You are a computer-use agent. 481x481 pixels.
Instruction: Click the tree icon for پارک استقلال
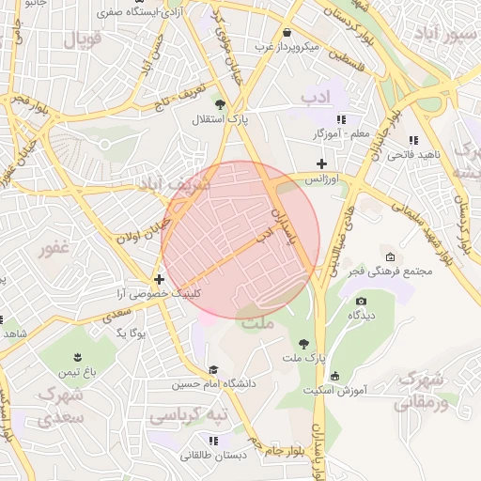point(220,104)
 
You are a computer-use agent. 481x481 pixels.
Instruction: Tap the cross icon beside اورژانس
point(322,163)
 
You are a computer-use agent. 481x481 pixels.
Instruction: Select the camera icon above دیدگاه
point(362,301)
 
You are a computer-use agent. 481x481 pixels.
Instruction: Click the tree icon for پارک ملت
point(303,344)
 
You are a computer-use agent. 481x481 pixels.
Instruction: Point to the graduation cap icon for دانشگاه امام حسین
point(213,370)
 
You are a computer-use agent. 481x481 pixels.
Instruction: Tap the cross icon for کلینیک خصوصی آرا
point(160,279)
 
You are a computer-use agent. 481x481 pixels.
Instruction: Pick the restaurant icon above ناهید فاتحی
point(413,140)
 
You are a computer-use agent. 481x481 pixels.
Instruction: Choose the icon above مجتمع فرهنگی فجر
point(390,257)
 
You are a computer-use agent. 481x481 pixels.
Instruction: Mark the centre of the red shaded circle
point(240,240)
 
